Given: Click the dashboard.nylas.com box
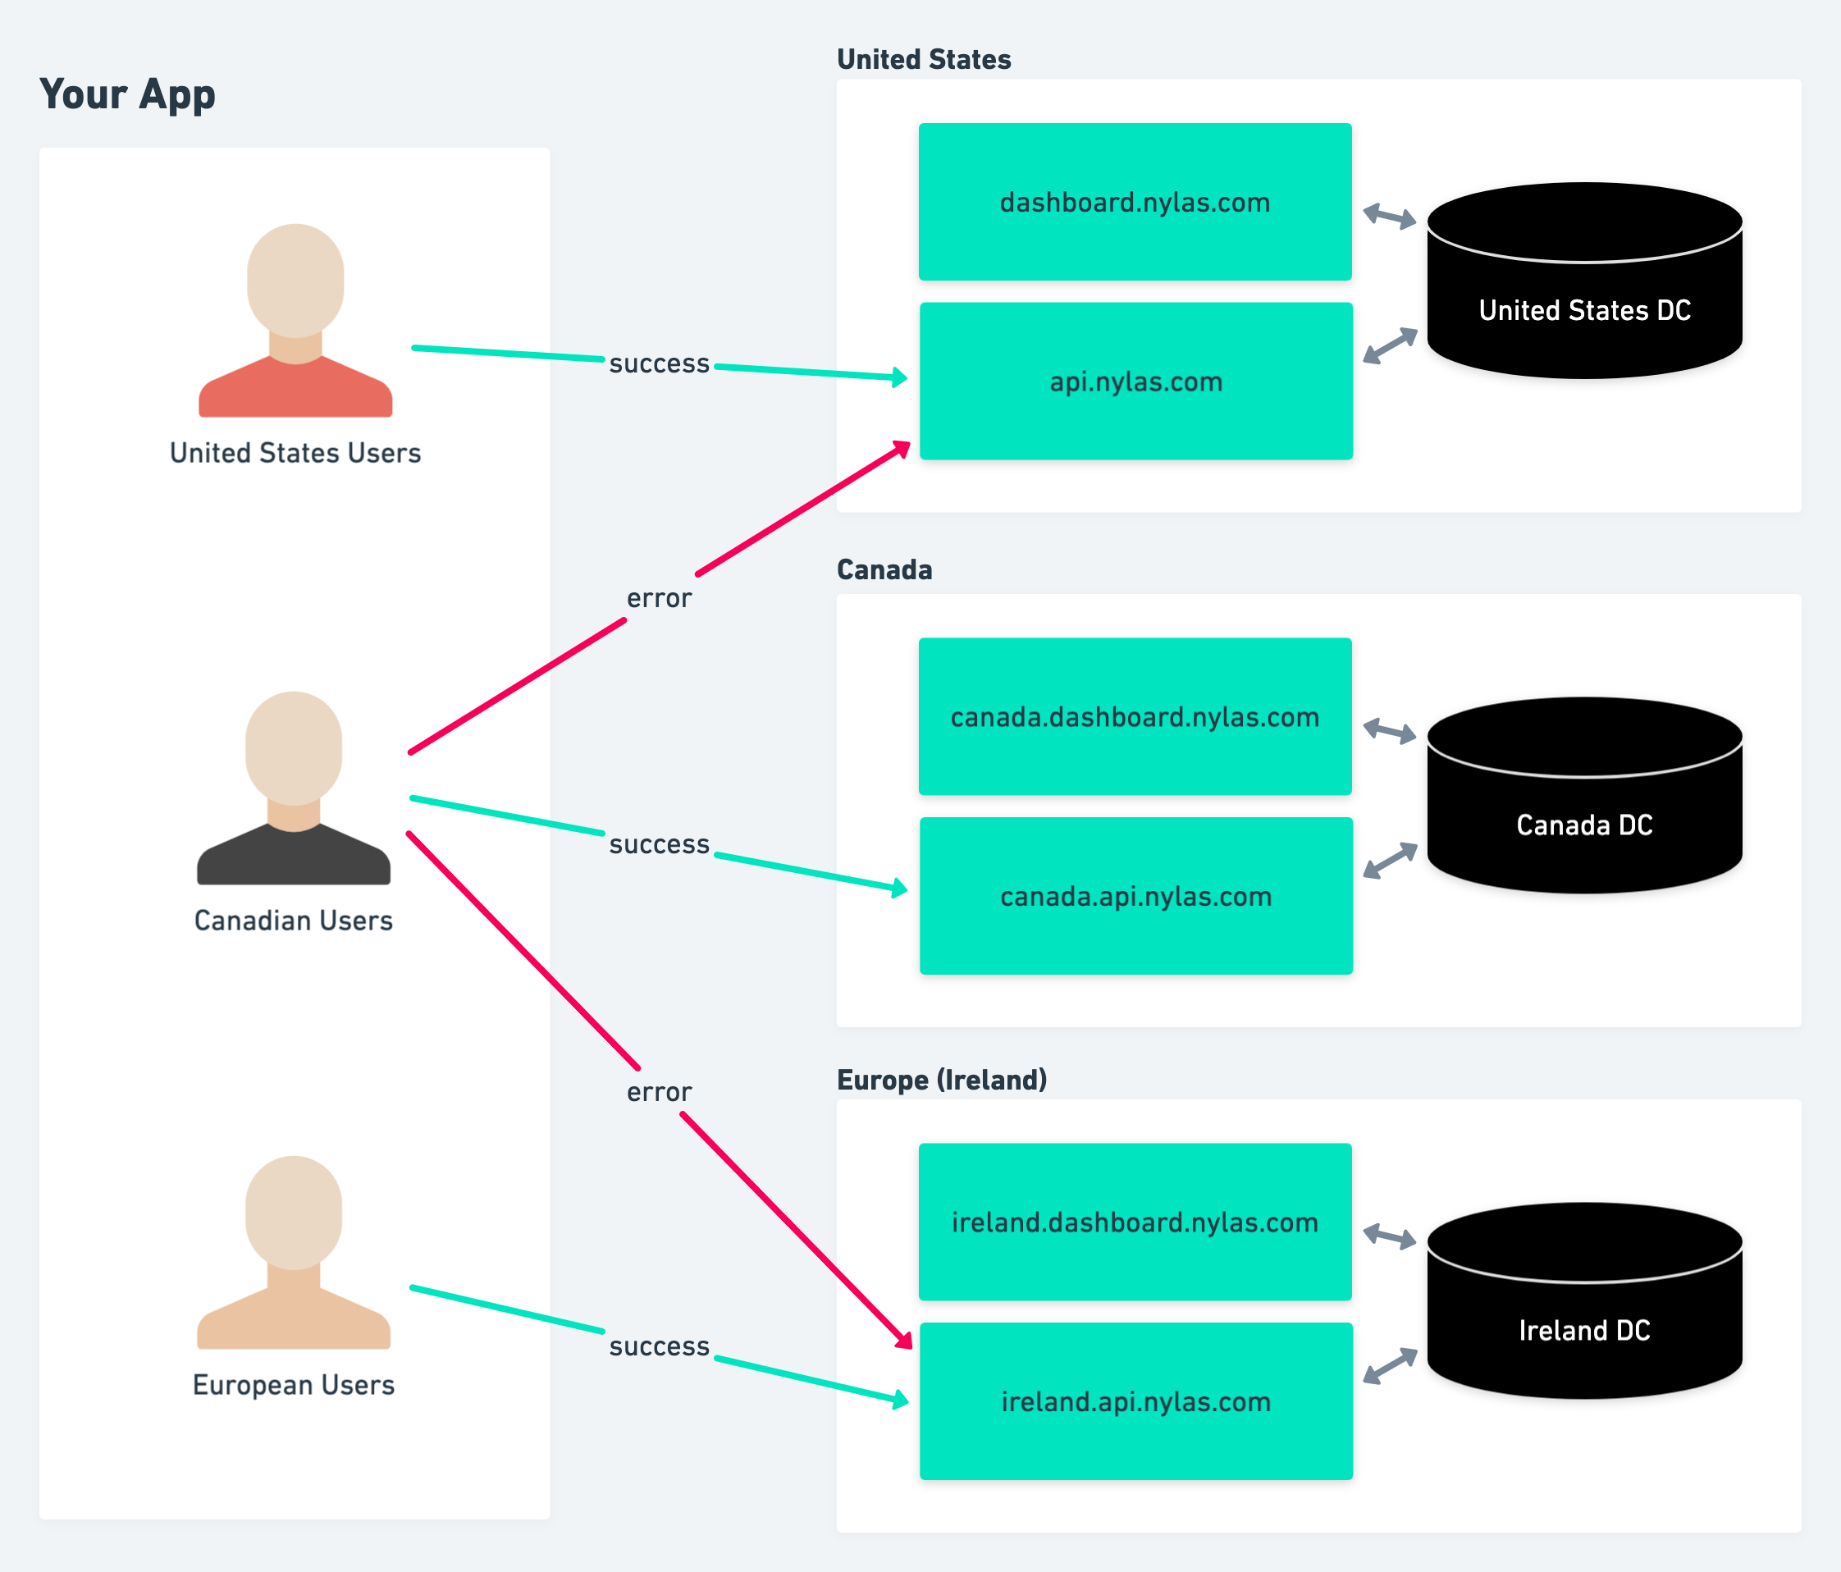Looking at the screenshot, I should click(x=1135, y=203).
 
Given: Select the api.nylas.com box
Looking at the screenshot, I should click(x=1135, y=382).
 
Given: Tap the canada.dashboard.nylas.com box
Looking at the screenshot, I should click(x=1135, y=717).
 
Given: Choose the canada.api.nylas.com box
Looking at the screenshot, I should click(x=1135, y=897).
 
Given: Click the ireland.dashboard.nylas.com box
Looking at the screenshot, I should click(x=1135, y=1222).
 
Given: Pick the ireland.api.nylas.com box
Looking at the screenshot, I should click(x=1135, y=1402).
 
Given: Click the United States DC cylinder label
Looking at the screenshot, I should click(x=1584, y=310).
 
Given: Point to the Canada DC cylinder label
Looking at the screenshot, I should click(x=1584, y=825).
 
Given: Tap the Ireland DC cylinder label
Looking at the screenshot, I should click(x=1584, y=1330).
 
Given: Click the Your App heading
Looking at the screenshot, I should click(x=127, y=94).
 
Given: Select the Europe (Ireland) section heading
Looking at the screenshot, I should click(x=942, y=1080).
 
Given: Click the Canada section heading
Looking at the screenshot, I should click(x=884, y=569).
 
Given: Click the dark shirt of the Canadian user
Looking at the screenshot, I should click(x=293, y=857).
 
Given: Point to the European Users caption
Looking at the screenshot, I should click(x=293, y=1384).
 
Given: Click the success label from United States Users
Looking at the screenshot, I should click(x=659, y=363).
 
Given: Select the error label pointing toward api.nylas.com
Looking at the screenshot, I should click(x=659, y=598).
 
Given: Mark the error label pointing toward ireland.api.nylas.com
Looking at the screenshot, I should click(x=659, y=1092).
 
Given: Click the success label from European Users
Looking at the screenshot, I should click(x=659, y=1346).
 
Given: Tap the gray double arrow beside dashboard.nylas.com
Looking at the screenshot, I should click(x=1390, y=216).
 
